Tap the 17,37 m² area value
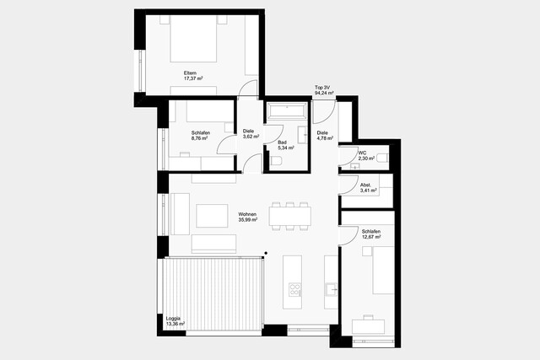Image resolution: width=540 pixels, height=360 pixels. coord(195,79)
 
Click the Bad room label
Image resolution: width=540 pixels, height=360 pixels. coord(282,142)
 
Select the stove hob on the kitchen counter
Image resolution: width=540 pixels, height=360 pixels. coord(295,289)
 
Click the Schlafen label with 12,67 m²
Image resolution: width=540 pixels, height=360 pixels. coord(371,231)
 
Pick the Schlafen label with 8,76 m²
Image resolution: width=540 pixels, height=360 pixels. coord(201,132)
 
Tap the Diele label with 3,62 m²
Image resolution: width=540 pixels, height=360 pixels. coord(249,132)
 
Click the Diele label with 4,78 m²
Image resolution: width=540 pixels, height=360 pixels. coord(322,132)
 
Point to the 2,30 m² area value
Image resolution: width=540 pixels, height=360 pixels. coord(366,158)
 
